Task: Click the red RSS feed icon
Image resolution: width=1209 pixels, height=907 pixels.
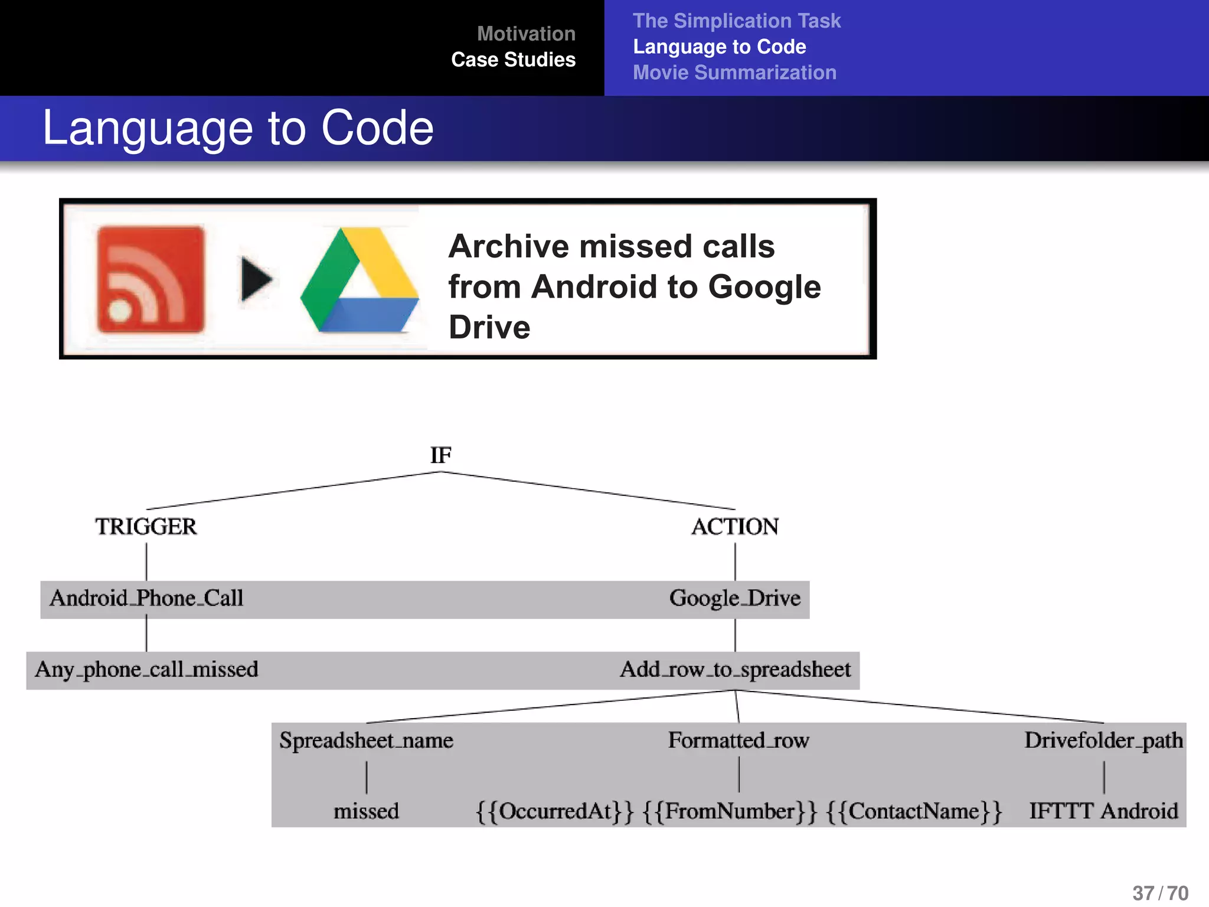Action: [151, 279]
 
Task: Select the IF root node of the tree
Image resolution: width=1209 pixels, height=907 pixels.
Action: [440, 455]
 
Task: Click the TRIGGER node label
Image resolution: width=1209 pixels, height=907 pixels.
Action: [146, 526]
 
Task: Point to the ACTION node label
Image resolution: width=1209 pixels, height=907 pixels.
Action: [735, 526]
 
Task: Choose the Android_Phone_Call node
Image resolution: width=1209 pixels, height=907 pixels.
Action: [146, 598]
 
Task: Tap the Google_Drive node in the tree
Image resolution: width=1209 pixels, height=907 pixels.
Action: [735, 598]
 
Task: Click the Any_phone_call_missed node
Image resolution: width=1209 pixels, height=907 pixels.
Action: [146, 670]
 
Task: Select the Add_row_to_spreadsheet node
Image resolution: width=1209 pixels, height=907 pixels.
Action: [735, 670]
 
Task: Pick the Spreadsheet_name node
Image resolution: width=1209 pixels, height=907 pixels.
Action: [366, 740]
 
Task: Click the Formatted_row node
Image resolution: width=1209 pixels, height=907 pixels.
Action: [739, 740]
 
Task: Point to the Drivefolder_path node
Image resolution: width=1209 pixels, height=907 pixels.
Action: [1103, 740]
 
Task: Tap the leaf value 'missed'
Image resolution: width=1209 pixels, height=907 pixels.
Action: [366, 811]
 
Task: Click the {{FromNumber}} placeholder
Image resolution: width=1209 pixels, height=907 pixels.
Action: [730, 811]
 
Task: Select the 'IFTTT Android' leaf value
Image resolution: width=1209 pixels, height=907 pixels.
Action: [1103, 811]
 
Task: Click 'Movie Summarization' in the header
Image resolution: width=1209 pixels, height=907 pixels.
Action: [734, 73]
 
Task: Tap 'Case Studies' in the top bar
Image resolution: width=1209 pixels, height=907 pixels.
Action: [513, 60]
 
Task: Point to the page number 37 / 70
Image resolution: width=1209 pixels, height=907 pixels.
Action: [1160, 893]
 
